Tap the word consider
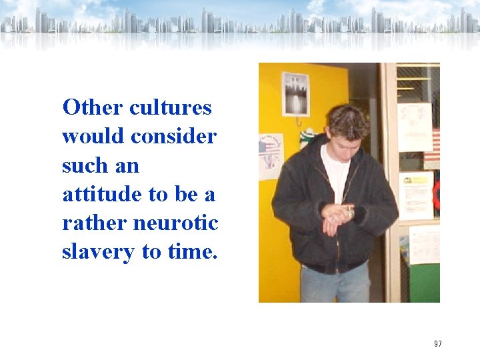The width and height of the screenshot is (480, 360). [x=173, y=137]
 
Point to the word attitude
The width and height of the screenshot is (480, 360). [x=102, y=194]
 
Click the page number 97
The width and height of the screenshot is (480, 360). [x=437, y=344]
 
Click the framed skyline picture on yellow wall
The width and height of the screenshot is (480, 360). [x=295, y=93]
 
